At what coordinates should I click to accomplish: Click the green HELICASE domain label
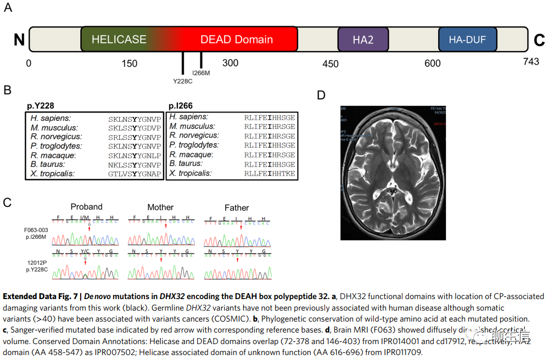point(119,40)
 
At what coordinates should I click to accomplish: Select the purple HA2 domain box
point(363,40)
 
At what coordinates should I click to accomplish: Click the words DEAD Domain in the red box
point(236,40)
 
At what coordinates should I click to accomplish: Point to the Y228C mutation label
point(183,81)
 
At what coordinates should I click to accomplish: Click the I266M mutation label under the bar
point(201,73)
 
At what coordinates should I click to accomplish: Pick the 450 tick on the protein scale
point(331,64)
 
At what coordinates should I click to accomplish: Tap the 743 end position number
point(531,62)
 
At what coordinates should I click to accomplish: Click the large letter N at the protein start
point(19,40)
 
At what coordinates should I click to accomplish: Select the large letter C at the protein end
point(539,40)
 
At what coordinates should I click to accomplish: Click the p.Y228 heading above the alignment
point(41,106)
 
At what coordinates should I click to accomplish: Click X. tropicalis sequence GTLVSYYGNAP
point(135,174)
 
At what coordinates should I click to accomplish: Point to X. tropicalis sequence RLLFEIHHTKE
point(270,173)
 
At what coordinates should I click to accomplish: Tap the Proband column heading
point(86,207)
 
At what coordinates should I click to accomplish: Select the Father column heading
point(237,208)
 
